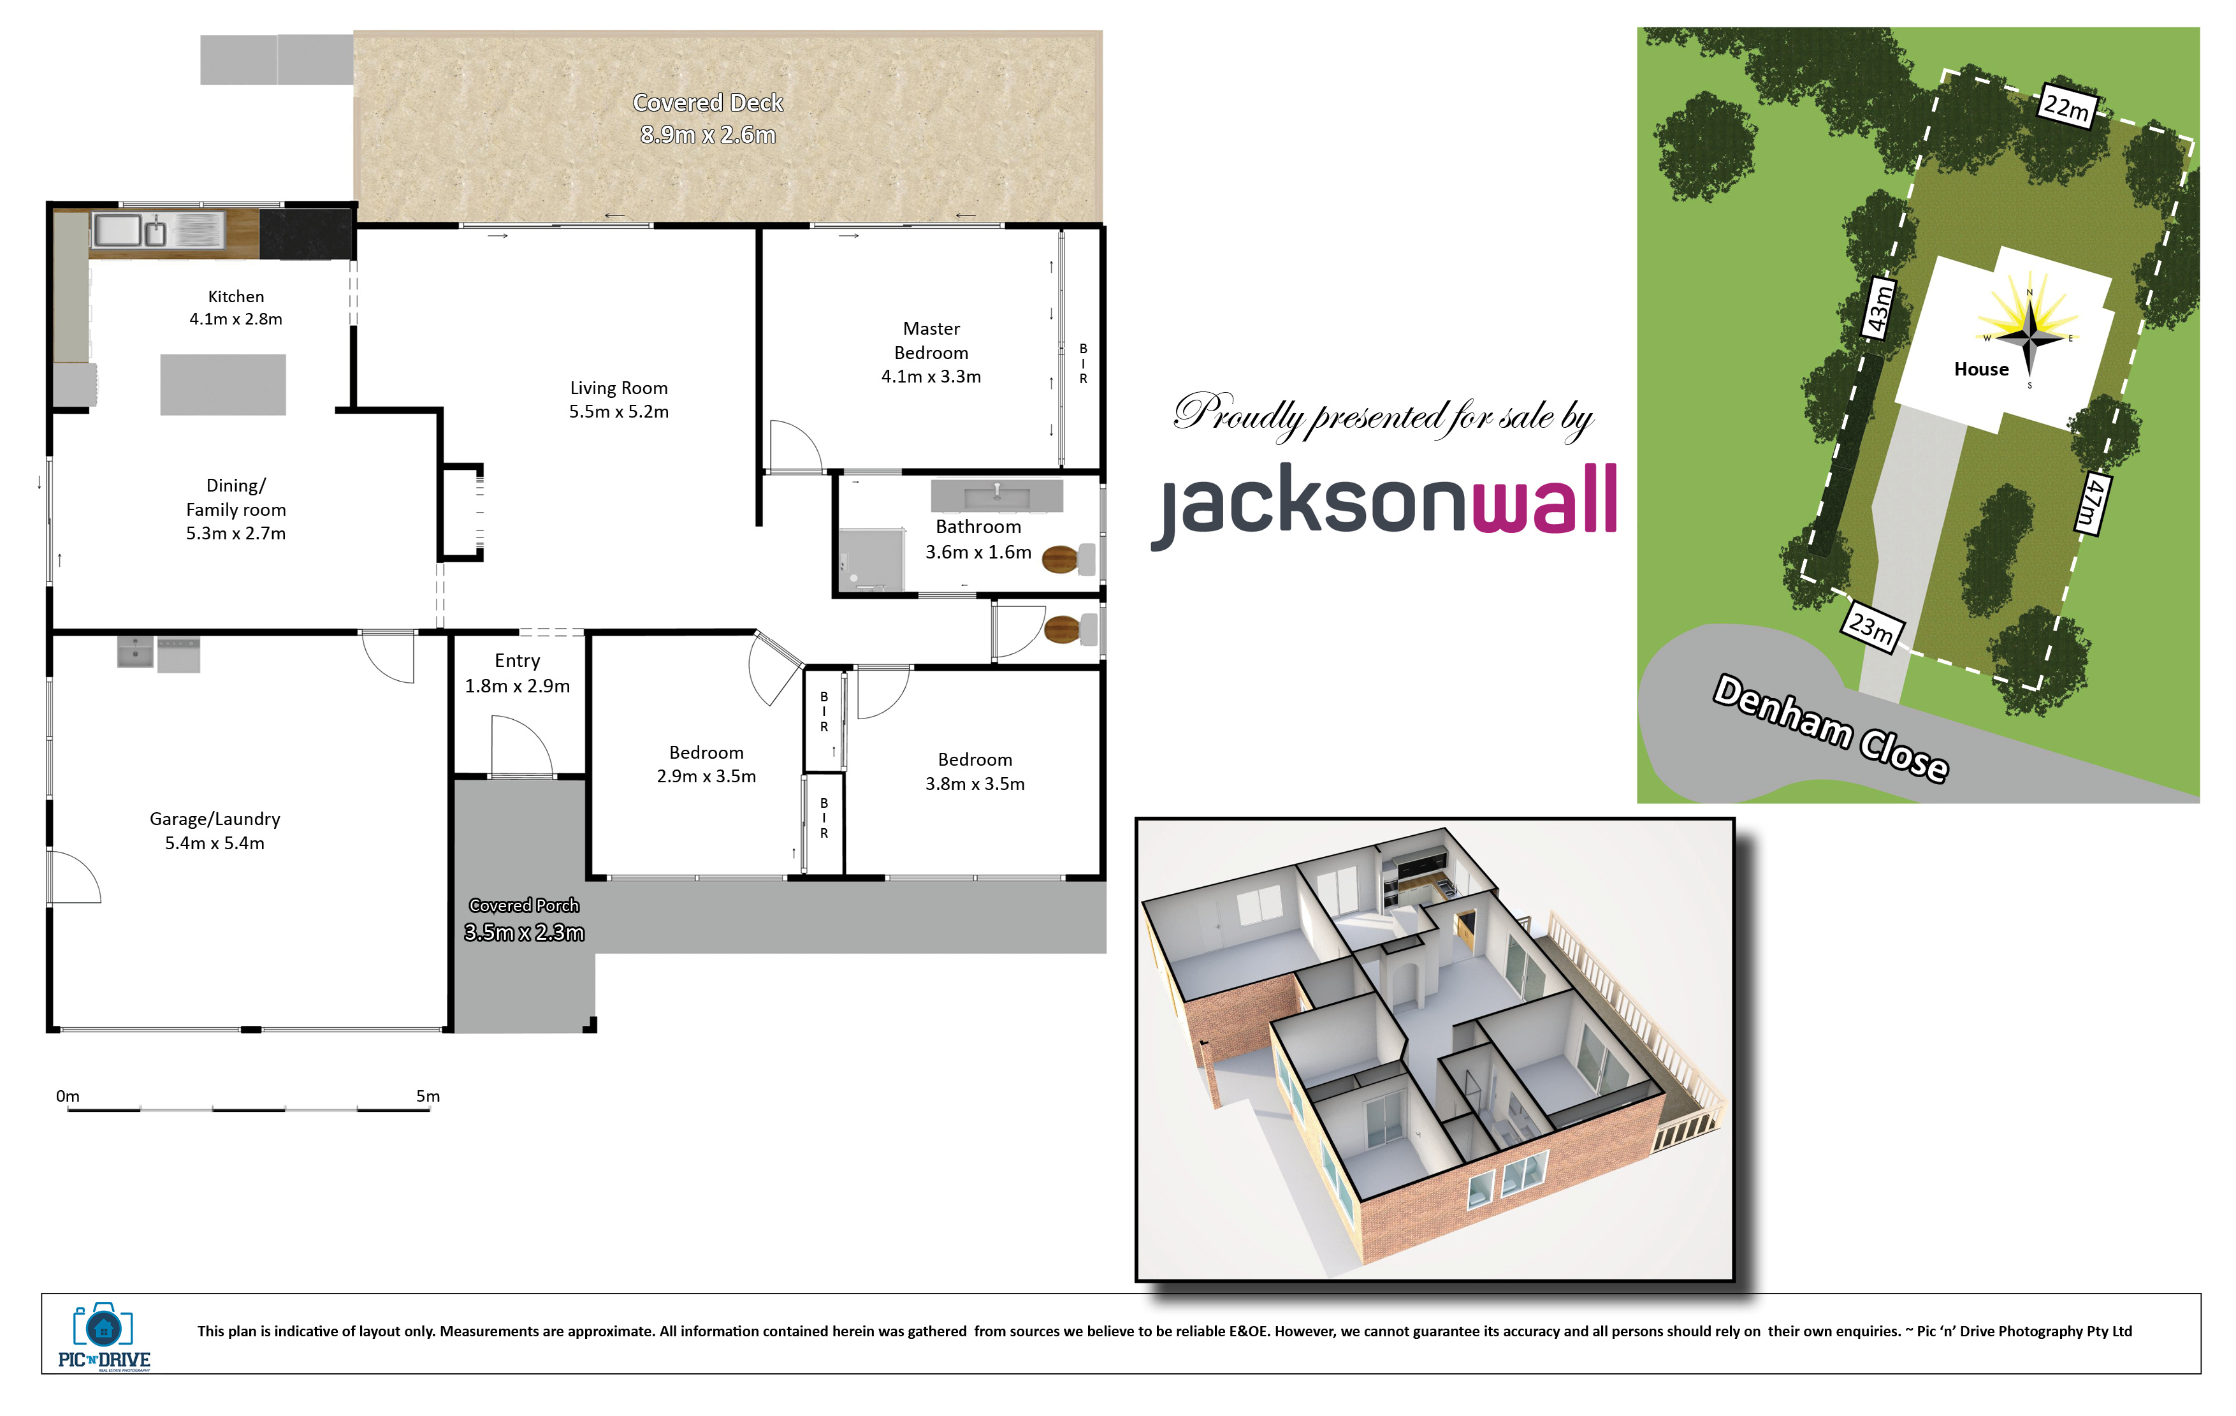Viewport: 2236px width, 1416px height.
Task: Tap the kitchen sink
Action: tap(130, 230)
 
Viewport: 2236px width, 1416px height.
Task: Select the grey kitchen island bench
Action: tap(223, 384)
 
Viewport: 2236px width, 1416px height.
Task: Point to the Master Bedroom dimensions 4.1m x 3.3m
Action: tap(931, 376)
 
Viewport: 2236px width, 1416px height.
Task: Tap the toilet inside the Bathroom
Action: tap(1068, 560)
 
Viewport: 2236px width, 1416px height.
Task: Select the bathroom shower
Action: tap(871, 560)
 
